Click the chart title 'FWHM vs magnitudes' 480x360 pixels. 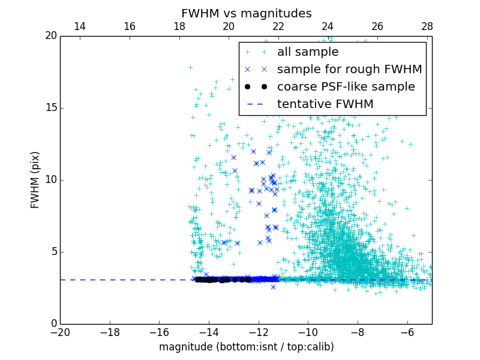(246, 13)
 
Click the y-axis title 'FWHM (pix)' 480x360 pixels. (35, 180)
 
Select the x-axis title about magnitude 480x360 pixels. (246, 347)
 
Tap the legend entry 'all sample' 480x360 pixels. (307, 52)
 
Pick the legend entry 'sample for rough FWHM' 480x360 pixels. (349, 70)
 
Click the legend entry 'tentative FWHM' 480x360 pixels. (325, 104)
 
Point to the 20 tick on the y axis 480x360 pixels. (50, 36)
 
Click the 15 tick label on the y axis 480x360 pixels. (50, 108)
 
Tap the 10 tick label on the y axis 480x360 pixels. (50, 180)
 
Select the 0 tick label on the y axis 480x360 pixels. (53, 324)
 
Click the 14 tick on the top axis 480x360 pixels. (80, 26)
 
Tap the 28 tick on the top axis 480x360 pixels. (427, 26)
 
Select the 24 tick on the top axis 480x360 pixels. (328, 26)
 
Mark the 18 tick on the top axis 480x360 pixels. (179, 26)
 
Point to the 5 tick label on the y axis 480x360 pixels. (53, 252)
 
